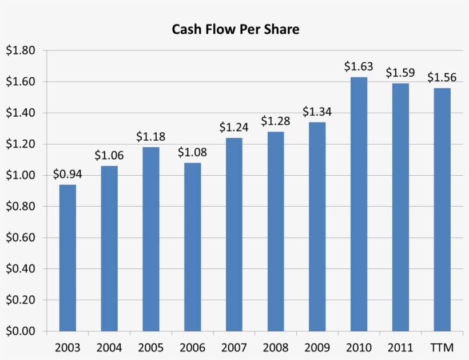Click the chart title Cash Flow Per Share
tap(236, 29)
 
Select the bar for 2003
tap(67, 258)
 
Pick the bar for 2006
tap(192, 247)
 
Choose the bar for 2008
tap(276, 231)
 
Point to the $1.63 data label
tap(359, 66)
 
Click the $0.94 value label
tap(67, 174)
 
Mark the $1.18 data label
tap(150, 137)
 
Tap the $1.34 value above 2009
tap(317, 112)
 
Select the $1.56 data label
tap(442, 77)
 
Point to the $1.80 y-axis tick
tap(21, 50)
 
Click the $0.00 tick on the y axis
tap(21, 331)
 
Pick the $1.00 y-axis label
tap(21, 175)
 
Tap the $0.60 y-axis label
tap(21, 238)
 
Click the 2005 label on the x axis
tap(150, 347)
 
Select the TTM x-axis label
tap(442, 347)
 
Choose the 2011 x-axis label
tap(400, 347)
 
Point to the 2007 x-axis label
tap(234, 347)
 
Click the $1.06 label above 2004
tap(109, 155)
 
